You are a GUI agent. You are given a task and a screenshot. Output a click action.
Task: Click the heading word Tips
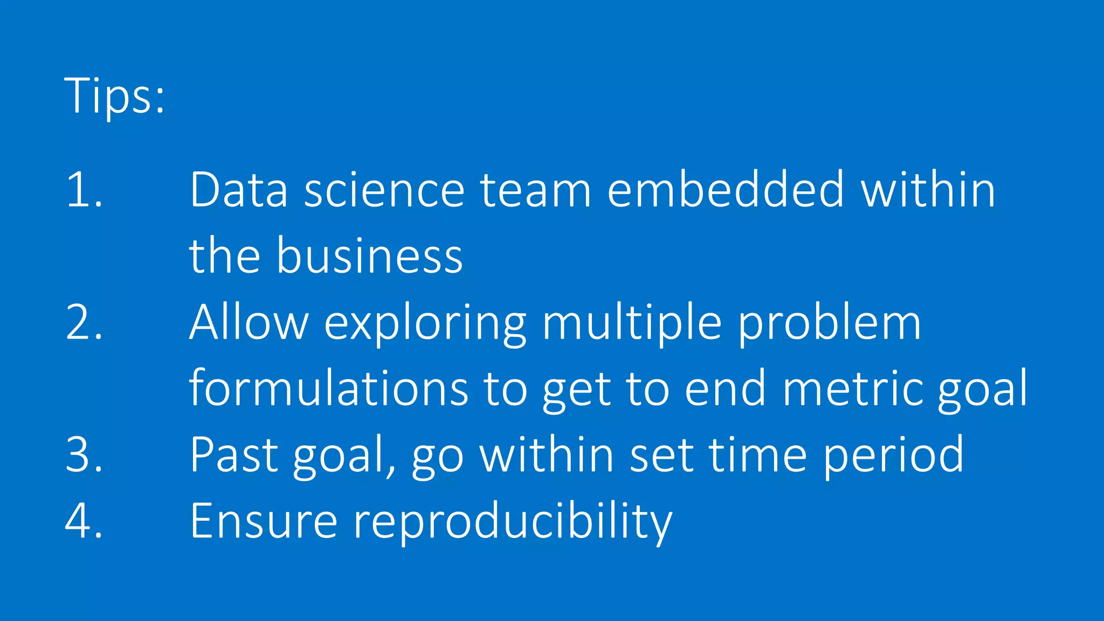point(114,95)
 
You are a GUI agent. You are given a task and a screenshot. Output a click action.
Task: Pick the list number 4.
point(84,521)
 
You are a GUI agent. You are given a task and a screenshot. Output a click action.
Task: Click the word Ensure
point(264,521)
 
